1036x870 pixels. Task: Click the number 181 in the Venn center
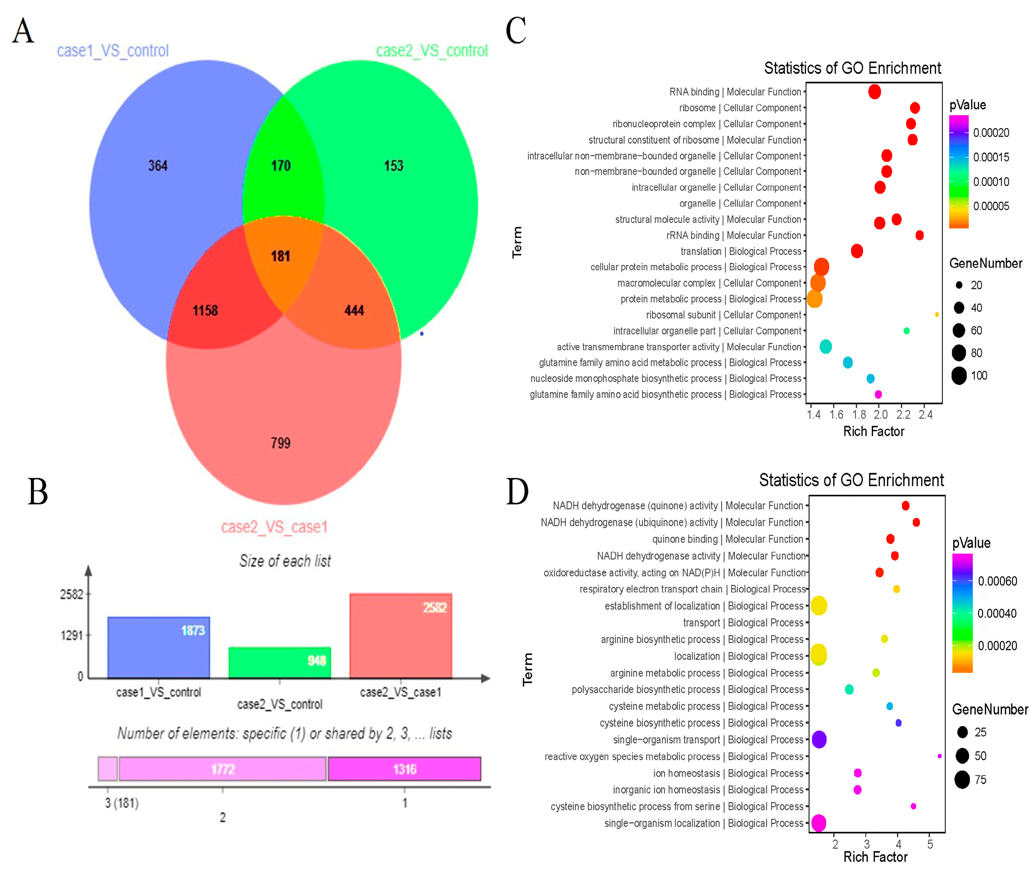click(x=280, y=256)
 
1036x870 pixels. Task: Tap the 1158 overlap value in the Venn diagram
click(x=205, y=311)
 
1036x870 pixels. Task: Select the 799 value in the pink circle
click(x=281, y=443)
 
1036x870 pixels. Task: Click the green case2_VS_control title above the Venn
click(x=432, y=51)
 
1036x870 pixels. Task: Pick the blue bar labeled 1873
click(x=159, y=647)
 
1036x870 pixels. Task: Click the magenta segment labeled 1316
click(x=404, y=769)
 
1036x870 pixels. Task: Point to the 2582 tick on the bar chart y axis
click(x=72, y=594)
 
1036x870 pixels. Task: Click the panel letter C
click(x=516, y=31)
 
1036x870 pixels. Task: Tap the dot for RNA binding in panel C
click(x=874, y=92)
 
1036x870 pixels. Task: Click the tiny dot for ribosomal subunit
click(x=937, y=314)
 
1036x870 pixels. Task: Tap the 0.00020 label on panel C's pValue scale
click(x=991, y=133)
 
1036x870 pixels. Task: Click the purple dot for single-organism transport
click(x=819, y=740)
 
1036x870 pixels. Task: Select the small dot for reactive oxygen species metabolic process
click(x=939, y=756)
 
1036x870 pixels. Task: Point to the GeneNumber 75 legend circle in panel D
click(x=962, y=780)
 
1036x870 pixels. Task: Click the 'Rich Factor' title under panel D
click(x=875, y=857)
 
